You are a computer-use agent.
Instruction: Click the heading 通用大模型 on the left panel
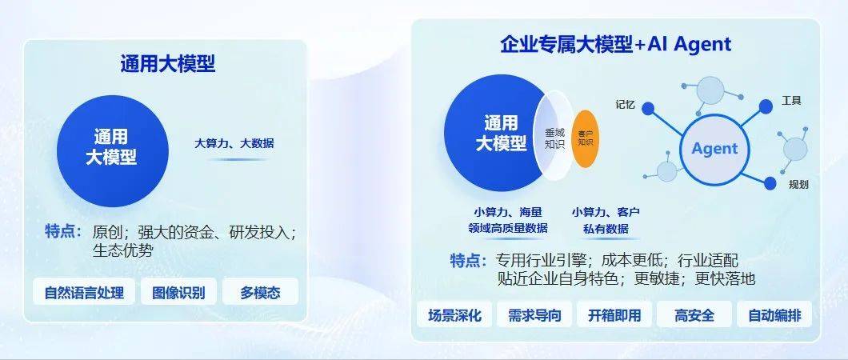168,64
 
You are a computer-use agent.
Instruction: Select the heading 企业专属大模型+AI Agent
615,44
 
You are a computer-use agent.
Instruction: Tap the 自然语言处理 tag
84,292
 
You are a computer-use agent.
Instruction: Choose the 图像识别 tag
178,292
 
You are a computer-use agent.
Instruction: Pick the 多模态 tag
260,292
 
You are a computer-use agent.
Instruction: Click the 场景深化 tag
455,315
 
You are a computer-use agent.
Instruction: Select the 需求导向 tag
534,315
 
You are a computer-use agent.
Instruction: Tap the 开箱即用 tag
614,315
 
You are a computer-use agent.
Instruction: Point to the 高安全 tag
694,315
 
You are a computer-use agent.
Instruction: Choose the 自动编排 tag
774,315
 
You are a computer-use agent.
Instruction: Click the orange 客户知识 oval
586,138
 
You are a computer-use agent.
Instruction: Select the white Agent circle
714,149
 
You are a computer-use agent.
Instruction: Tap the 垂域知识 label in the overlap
554,138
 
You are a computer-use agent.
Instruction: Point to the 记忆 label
626,103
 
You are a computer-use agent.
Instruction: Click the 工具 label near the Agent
791,101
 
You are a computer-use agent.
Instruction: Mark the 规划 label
798,185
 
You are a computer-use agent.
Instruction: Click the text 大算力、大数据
234,143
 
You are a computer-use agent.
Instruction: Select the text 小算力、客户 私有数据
606,220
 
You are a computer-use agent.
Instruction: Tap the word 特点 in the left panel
63,232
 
